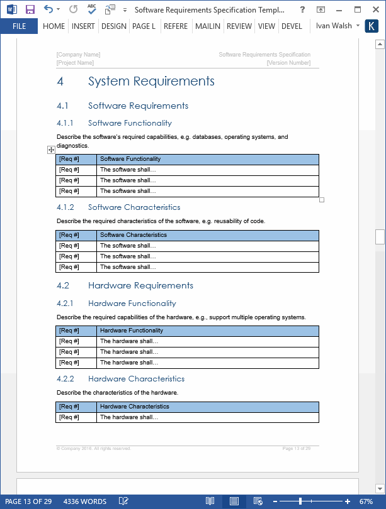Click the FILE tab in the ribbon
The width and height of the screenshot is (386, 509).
pos(19,26)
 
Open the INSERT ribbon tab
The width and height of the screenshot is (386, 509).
pos(83,26)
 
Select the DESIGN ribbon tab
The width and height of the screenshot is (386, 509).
pos(113,26)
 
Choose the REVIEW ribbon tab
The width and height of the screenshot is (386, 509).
pos(239,26)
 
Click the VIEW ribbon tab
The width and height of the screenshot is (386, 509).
pos(266,26)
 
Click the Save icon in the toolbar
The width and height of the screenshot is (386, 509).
pos(30,9)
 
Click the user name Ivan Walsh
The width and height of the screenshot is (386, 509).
pos(334,26)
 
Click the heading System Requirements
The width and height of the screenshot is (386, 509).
pos(151,81)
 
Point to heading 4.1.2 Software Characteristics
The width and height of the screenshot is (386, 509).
pos(134,207)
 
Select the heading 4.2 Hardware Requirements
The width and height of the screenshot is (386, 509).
pos(140,285)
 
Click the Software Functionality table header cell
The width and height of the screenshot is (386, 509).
pos(130,159)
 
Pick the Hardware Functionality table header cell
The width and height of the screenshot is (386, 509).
pos(132,331)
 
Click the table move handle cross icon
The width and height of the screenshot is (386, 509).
pos(51,150)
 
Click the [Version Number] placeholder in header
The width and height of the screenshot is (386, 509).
pos(288,63)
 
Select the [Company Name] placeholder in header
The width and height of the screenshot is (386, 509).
pos(78,55)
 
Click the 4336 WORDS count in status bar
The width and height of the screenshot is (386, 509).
pos(85,501)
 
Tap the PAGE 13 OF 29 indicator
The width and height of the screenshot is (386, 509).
pos(28,501)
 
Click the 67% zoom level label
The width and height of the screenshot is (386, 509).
pos(366,501)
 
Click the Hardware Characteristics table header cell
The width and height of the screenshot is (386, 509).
pos(134,407)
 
